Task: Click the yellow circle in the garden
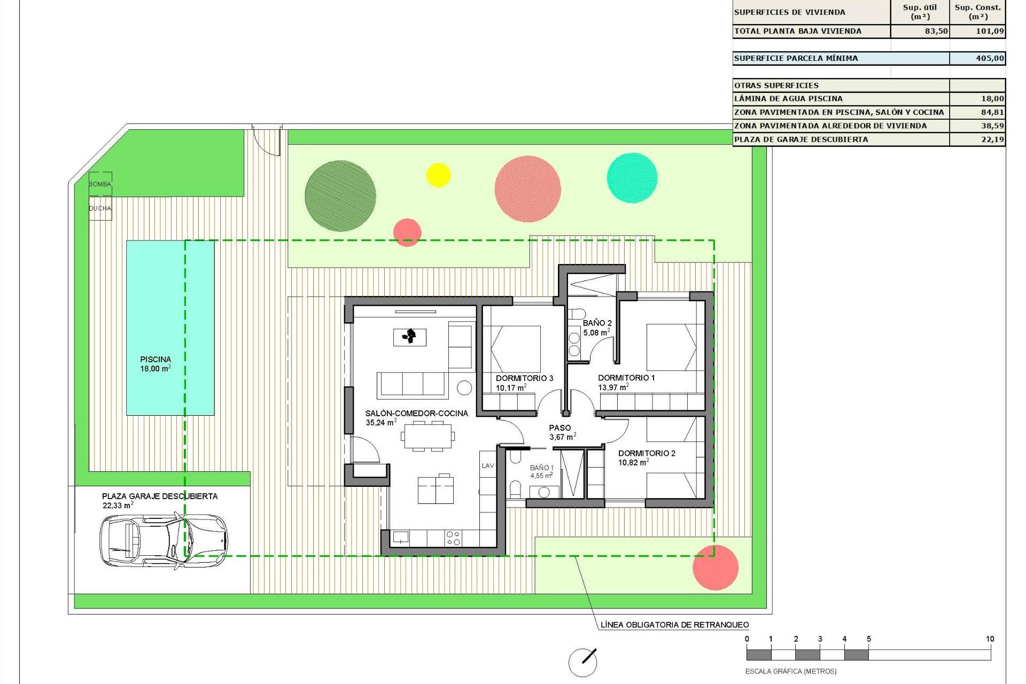click(x=438, y=175)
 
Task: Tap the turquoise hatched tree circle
click(x=632, y=178)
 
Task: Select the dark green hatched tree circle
click(x=340, y=196)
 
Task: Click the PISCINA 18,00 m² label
click(x=156, y=364)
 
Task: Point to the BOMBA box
click(x=100, y=184)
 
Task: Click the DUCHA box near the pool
click(x=100, y=208)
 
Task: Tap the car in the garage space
click(x=163, y=540)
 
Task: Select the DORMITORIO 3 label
click(x=524, y=378)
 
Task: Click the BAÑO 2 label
click(x=597, y=323)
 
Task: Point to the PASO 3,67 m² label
click(x=560, y=432)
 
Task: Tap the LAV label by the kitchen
click(x=488, y=466)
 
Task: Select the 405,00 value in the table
click(x=990, y=58)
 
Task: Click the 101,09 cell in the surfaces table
click(x=990, y=31)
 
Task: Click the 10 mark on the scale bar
click(x=990, y=639)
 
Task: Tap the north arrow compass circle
click(x=582, y=663)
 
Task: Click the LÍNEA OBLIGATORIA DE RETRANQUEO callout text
click(x=674, y=625)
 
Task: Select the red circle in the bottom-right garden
click(x=715, y=568)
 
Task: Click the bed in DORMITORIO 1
click(x=672, y=347)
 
